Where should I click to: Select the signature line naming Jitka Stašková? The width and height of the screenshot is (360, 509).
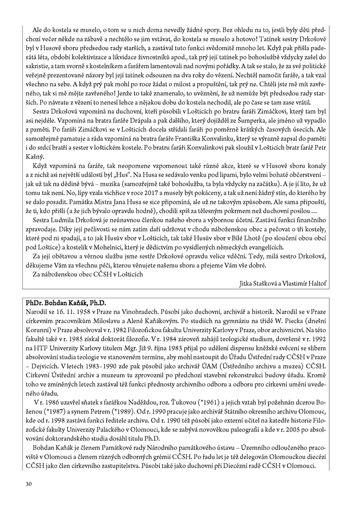coord(283,284)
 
